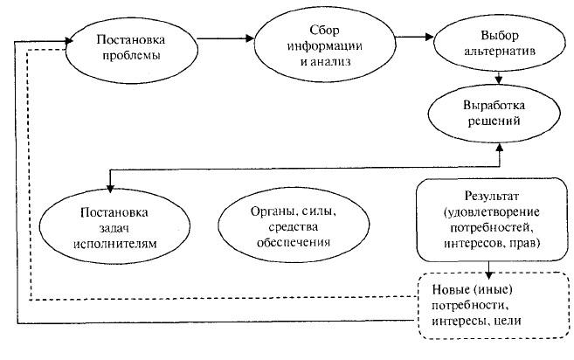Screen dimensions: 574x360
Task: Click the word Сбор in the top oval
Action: point(325,31)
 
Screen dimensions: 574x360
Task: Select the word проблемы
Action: point(131,56)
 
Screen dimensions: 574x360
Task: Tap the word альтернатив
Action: point(500,51)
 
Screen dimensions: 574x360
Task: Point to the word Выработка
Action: point(494,106)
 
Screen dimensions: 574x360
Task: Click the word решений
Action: point(494,121)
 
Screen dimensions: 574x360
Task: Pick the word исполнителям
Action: point(115,244)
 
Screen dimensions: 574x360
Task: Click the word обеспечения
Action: point(294,242)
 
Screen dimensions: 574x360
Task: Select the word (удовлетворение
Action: point(492,212)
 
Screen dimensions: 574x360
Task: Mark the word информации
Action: point(325,46)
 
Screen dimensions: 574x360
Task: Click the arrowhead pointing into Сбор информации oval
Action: point(250,38)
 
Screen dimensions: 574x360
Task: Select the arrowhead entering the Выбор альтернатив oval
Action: point(429,37)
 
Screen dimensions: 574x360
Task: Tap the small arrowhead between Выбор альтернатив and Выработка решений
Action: point(498,80)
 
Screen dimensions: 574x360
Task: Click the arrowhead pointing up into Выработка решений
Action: point(500,147)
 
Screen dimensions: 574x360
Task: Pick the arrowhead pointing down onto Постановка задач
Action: point(110,188)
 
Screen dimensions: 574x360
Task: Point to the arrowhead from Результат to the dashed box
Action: point(489,274)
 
